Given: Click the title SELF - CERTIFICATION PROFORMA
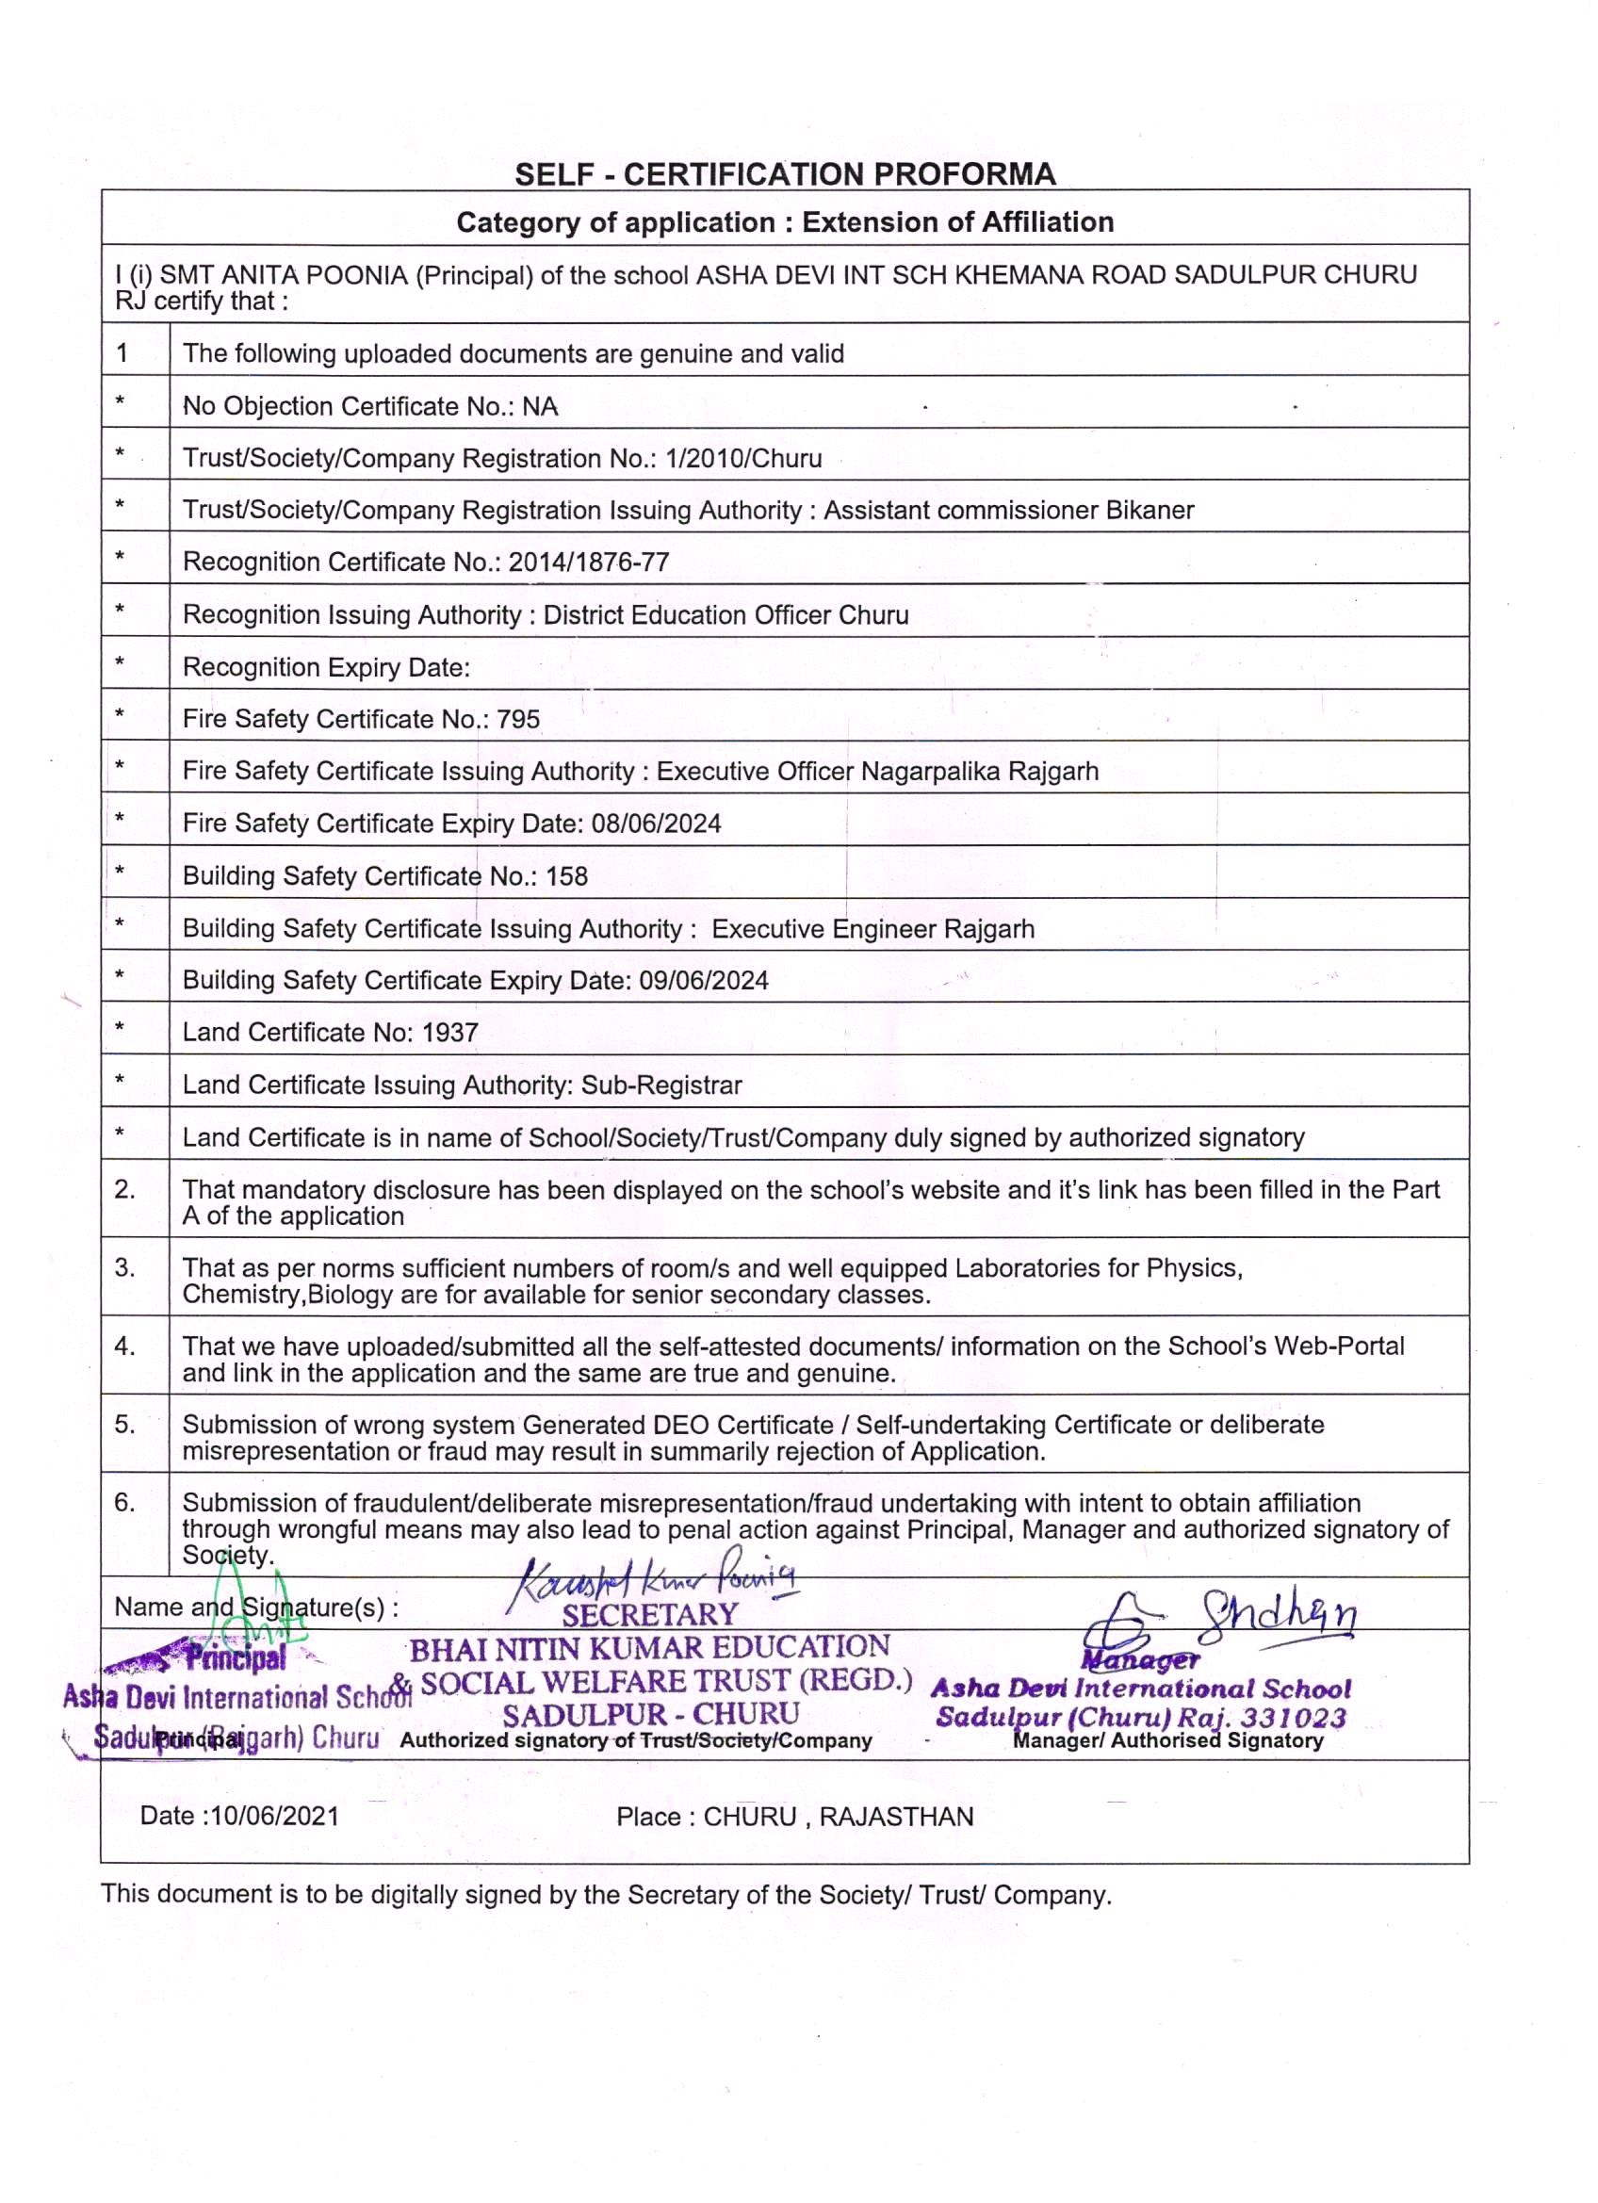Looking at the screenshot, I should tap(784, 174).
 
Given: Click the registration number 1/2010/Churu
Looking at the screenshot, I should tap(743, 459).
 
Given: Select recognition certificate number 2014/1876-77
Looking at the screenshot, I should tap(589, 563).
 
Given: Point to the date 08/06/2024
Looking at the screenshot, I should tap(656, 824).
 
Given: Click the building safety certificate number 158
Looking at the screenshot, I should tap(566, 876).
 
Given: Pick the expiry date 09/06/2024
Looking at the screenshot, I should tap(703, 980).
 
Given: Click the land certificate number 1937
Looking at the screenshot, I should tap(449, 1033).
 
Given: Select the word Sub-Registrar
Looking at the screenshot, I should tap(661, 1085).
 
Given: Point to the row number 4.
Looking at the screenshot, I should tap(124, 1346).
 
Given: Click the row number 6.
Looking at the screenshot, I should tap(124, 1503).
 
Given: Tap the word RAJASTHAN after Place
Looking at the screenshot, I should tap(896, 1818).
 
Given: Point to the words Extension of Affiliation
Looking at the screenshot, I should tap(957, 222).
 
